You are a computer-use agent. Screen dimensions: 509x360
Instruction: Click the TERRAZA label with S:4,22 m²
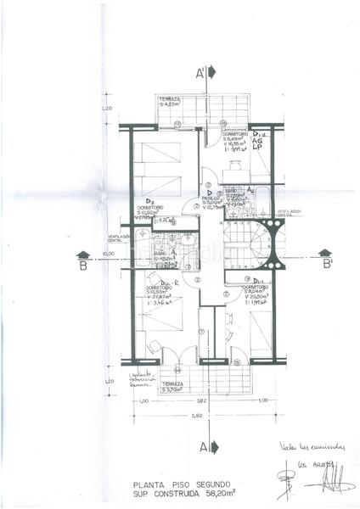click(x=168, y=101)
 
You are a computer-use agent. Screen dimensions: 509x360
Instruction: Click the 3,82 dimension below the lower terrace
click(x=200, y=400)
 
